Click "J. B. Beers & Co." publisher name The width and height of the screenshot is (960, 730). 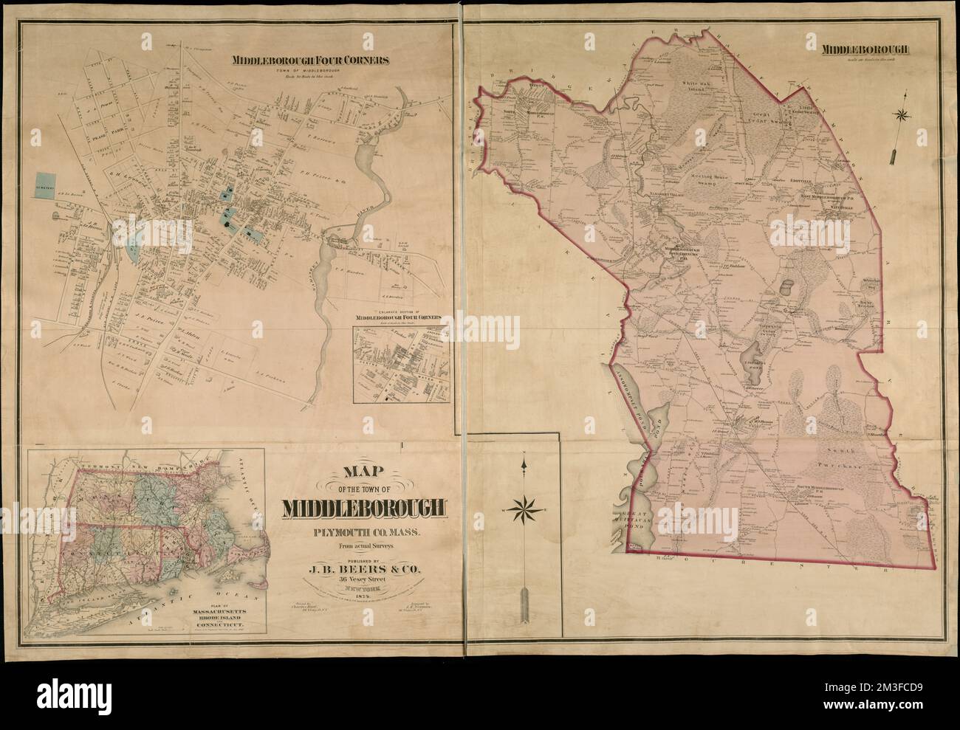[363, 568]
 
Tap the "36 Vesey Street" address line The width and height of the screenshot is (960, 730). [363, 579]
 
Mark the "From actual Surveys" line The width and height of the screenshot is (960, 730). [363, 547]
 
